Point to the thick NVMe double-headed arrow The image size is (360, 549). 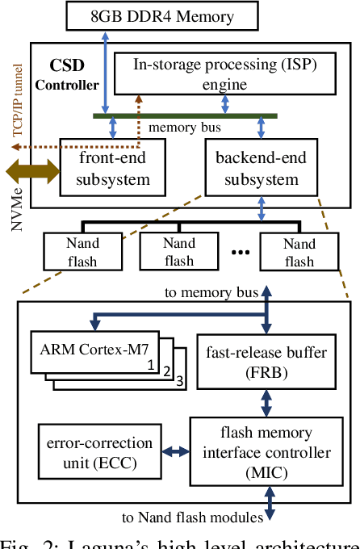[32, 170]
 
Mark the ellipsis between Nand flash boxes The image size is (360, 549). [240, 252]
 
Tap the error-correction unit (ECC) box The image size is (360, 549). [88, 453]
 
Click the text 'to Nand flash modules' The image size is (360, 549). [188, 517]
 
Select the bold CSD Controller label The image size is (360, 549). [73, 73]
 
